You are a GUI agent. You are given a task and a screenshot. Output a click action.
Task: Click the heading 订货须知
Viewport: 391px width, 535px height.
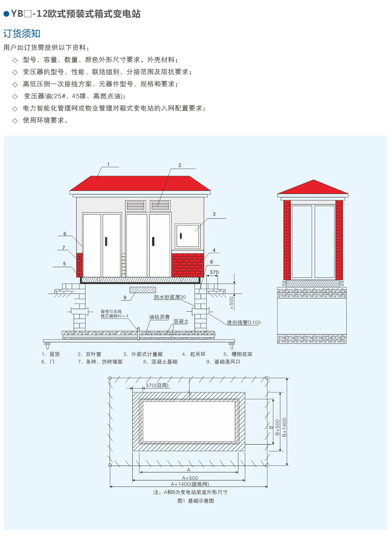(x=22, y=34)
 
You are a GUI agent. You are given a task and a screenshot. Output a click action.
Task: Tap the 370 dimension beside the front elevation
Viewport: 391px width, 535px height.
(x=214, y=272)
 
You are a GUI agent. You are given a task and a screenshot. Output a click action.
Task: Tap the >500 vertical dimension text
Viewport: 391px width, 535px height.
(x=231, y=302)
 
